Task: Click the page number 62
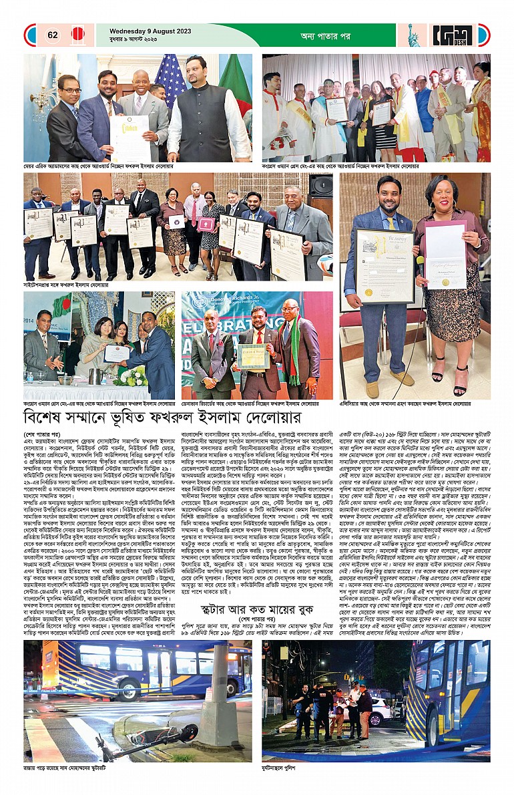51,35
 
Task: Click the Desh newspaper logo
451,35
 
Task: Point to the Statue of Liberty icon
414,35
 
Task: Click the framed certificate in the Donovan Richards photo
253,356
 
